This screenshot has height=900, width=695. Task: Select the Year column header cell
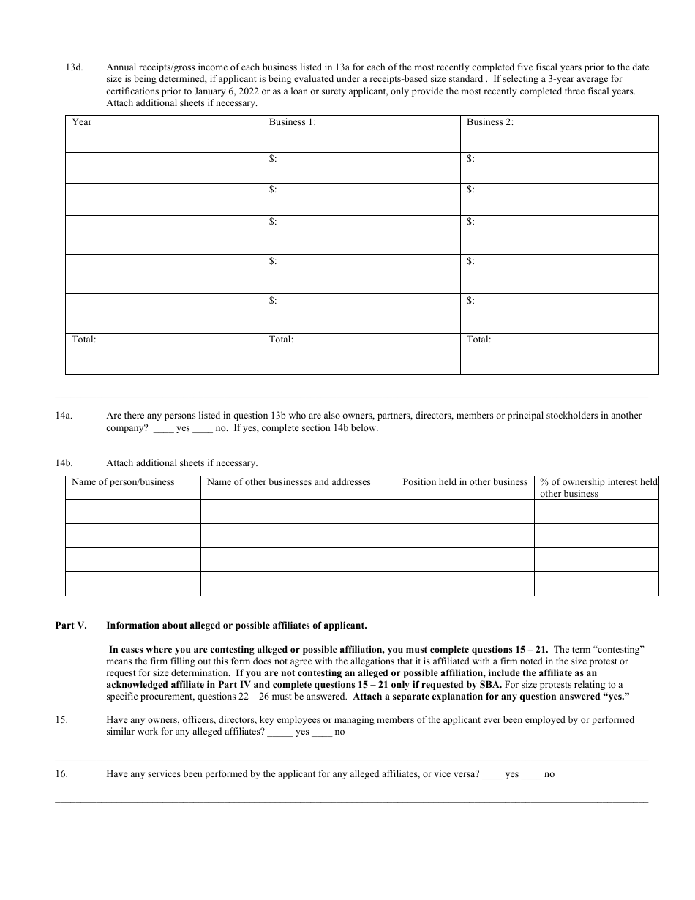click(x=82, y=122)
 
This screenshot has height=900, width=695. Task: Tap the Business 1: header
click(x=293, y=122)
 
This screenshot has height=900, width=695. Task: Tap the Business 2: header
click(x=490, y=122)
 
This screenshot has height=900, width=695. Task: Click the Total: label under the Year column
click(x=84, y=340)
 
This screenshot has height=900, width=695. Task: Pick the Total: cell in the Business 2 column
click(x=479, y=340)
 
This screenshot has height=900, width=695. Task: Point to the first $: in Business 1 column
click(x=274, y=158)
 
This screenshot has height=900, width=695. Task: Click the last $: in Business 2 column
click(x=471, y=300)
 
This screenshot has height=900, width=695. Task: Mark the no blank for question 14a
click(x=202, y=429)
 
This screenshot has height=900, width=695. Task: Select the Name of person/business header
click(x=123, y=482)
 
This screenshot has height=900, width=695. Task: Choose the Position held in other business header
click(x=465, y=482)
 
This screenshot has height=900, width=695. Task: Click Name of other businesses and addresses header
click(x=289, y=482)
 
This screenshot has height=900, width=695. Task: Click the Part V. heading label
click(x=71, y=626)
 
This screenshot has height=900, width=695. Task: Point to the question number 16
click(x=61, y=774)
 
